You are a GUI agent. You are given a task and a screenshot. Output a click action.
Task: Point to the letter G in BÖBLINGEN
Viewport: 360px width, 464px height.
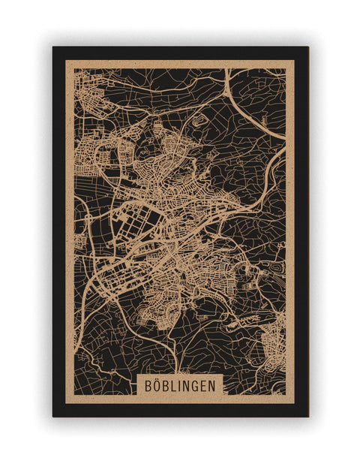click(195, 384)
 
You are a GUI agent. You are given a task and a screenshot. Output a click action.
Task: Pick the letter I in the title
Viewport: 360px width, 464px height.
click(181, 384)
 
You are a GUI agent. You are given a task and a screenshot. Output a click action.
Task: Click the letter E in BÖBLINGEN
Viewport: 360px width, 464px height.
click(204, 384)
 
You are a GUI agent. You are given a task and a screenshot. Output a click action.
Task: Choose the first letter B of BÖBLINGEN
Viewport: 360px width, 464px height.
click(145, 384)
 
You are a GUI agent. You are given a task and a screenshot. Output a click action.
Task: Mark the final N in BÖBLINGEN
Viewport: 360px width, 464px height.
click(214, 384)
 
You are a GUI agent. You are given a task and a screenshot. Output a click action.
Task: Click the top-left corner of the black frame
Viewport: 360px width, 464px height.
click(53, 47)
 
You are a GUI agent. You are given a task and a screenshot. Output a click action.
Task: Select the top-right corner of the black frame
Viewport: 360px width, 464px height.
click(307, 47)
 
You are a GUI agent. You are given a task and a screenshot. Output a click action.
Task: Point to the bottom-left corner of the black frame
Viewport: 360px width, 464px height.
click(53, 416)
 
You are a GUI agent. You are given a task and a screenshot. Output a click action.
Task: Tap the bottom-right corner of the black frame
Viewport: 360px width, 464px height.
click(307, 416)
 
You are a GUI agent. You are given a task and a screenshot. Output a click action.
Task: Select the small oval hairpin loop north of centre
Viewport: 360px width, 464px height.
click(199, 119)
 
